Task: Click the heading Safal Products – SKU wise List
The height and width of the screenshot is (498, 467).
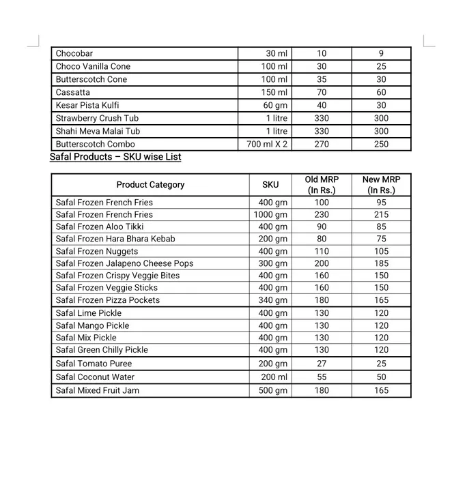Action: pos(115,157)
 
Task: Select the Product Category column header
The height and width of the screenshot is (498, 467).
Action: pos(150,185)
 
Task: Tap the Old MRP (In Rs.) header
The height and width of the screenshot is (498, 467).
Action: pos(322,185)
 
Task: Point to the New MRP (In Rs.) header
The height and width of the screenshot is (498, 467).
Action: pos(381,185)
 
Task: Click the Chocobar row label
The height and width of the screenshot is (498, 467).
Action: pos(74,53)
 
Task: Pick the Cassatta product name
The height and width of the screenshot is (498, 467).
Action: pos(73,92)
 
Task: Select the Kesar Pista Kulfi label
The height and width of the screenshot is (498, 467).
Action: pos(87,105)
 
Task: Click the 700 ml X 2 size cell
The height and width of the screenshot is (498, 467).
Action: pos(267,144)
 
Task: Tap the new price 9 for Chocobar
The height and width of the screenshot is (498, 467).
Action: pos(381,53)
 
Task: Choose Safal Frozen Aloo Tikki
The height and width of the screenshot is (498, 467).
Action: pos(100,226)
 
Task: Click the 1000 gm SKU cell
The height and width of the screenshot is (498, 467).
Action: pos(270,214)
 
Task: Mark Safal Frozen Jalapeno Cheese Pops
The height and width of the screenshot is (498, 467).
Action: pos(124,263)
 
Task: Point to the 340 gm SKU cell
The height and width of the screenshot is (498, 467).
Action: pos(272,300)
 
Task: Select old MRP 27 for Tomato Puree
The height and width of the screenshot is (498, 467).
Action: pos(322,364)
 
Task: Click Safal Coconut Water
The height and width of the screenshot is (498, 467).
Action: pos(95,377)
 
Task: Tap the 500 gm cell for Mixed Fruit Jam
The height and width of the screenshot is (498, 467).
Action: pos(272,390)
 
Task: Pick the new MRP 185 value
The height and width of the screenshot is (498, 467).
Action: pos(381,263)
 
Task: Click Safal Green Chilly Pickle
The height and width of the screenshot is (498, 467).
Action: pos(102,350)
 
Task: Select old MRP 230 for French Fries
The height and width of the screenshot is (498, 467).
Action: pos(322,214)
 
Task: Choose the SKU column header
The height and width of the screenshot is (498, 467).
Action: pos(270,185)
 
